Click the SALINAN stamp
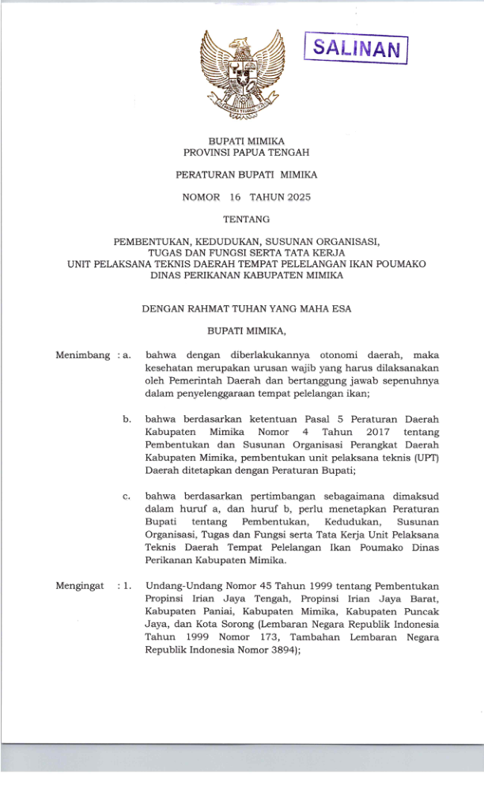point(356,51)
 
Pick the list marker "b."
point(127,419)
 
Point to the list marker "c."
point(127,497)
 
